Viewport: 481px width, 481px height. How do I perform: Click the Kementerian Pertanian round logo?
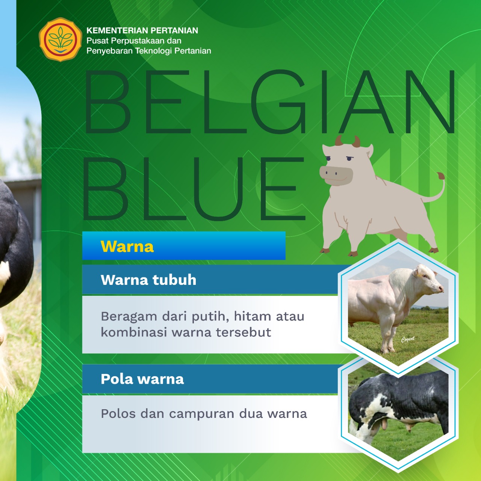pos(61,39)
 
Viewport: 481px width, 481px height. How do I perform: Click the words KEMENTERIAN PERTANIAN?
pos(142,30)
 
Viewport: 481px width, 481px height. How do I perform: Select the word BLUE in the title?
pos(195,189)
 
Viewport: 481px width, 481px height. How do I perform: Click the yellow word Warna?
pos(127,247)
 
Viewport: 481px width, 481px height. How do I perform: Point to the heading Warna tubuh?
pos(148,280)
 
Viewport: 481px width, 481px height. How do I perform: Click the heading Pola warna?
pos(142,379)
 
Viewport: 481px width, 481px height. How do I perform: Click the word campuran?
pos(202,414)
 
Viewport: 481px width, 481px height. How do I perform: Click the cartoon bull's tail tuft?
pos(440,176)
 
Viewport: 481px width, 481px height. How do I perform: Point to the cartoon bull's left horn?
pos(339,141)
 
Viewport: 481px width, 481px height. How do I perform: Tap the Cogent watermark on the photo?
pos(408,339)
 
